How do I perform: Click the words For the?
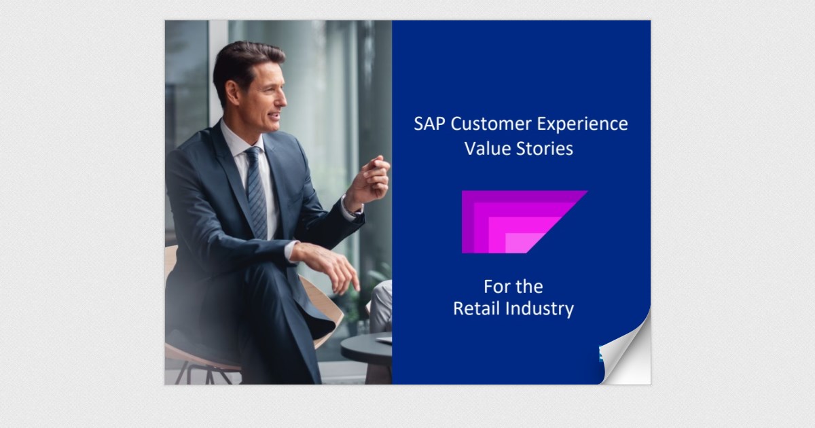(x=513, y=286)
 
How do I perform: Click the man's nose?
(x=281, y=100)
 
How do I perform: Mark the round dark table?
(x=367, y=350)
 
